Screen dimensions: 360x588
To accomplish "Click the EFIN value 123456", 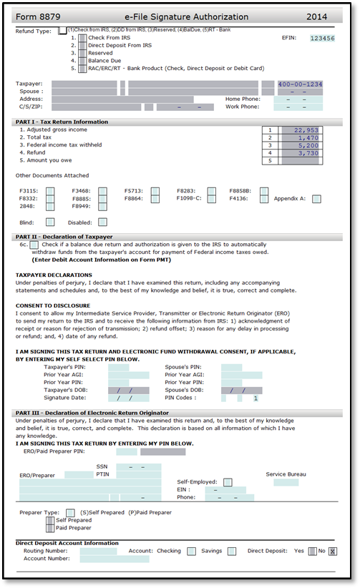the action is click(322, 38).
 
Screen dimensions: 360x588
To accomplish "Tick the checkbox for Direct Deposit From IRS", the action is click(82, 45).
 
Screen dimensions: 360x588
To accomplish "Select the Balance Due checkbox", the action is click(82, 61).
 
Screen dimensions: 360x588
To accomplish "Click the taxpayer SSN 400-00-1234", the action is click(300, 84).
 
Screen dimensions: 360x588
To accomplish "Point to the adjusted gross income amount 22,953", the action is click(306, 130).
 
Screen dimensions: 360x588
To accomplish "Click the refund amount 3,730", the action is click(308, 153).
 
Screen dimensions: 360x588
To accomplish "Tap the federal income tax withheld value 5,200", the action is click(308, 145).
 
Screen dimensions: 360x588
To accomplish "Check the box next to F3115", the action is click(50, 191).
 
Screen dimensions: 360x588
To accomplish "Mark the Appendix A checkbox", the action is click(316, 199).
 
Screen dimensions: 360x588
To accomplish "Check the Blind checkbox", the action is click(50, 222).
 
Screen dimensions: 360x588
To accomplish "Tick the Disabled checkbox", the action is click(102, 222).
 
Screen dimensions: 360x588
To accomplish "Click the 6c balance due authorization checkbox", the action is click(34, 245).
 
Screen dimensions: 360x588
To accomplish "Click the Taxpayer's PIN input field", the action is click(119, 367).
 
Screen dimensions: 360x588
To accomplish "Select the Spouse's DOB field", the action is click(242, 391).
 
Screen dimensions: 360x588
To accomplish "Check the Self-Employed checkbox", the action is click(228, 482).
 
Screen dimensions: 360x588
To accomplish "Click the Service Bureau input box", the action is click(286, 482).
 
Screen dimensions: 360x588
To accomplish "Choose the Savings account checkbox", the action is click(232, 552).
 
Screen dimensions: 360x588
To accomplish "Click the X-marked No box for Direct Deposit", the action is click(333, 552).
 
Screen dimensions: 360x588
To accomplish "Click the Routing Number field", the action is click(98, 552).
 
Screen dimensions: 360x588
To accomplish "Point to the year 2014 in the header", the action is click(316, 17).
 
